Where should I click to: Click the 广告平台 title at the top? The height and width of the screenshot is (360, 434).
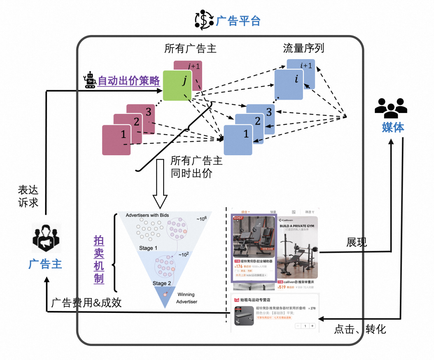point(238,21)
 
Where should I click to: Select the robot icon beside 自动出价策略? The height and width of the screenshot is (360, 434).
point(90,80)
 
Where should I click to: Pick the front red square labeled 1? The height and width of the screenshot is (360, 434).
point(116,140)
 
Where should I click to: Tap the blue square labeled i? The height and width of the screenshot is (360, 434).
point(289,84)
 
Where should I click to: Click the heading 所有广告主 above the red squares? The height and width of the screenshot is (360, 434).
point(190,49)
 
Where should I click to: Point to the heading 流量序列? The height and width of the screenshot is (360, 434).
point(303,49)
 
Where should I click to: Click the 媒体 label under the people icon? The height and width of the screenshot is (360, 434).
point(393,128)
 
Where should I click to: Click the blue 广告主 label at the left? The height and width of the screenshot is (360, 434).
point(45,264)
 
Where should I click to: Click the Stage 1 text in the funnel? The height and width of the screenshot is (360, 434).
point(148,248)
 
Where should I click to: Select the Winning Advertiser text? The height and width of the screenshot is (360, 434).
point(186,298)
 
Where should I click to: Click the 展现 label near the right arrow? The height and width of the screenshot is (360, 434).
point(357,242)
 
